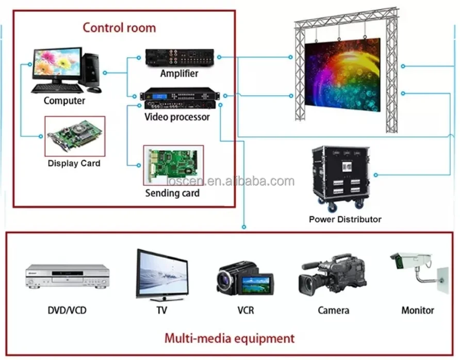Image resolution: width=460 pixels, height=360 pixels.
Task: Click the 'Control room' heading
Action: click(x=119, y=27)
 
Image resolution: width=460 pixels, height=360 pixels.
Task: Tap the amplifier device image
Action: click(x=179, y=57)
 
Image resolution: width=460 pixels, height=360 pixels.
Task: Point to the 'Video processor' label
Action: click(x=177, y=117)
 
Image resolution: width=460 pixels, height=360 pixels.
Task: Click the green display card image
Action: click(x=74, y=136)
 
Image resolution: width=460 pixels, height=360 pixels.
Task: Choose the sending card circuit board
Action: click(x=173, y=165)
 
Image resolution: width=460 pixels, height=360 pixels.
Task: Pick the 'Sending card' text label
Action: click(x=172, y=193)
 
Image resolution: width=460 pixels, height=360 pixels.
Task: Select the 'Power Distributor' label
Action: click(x=345, y=219)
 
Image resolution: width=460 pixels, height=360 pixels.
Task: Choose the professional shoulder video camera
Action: click(x=332, y=275)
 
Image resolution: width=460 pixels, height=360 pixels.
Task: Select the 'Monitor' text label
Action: click(x=417, y=310)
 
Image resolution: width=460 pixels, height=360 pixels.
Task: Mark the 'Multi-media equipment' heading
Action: click(x=229, y=338)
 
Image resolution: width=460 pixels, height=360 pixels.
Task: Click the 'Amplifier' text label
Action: click(x=179, y=73)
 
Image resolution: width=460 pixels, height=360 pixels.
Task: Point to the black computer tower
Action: click(x=93, y=68)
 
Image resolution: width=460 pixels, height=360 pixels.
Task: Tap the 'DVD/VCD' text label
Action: click(x=67, y=310)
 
